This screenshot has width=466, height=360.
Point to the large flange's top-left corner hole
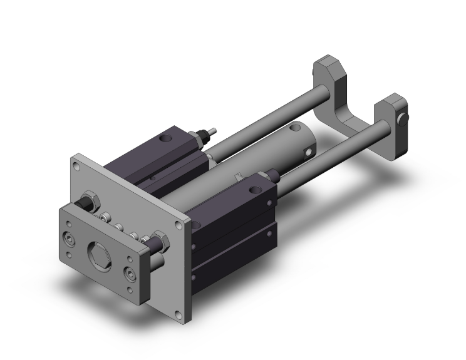pyautogui.click(x=76, y=166)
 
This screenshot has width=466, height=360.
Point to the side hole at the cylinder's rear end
pyautogui.click(x=307, y=150)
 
